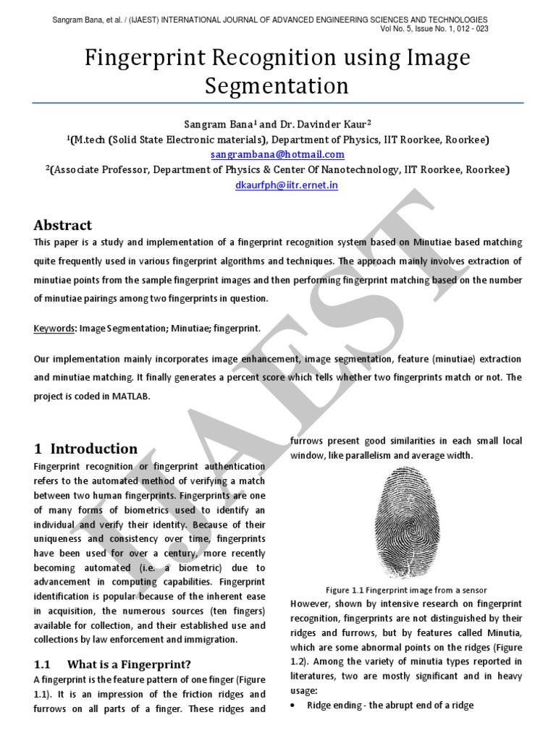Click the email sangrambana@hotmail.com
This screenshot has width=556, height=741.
point(277,154)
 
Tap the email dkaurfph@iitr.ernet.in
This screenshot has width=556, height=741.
point(277,185)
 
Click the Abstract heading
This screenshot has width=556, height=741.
point(63,225)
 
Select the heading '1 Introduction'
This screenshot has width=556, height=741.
point(85,448)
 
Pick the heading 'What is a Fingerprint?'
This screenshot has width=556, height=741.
point(129,664)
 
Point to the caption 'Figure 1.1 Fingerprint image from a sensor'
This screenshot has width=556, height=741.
point(405,590)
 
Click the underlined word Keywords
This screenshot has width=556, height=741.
point(54,329)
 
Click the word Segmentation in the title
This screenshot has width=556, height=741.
point(277,86)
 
